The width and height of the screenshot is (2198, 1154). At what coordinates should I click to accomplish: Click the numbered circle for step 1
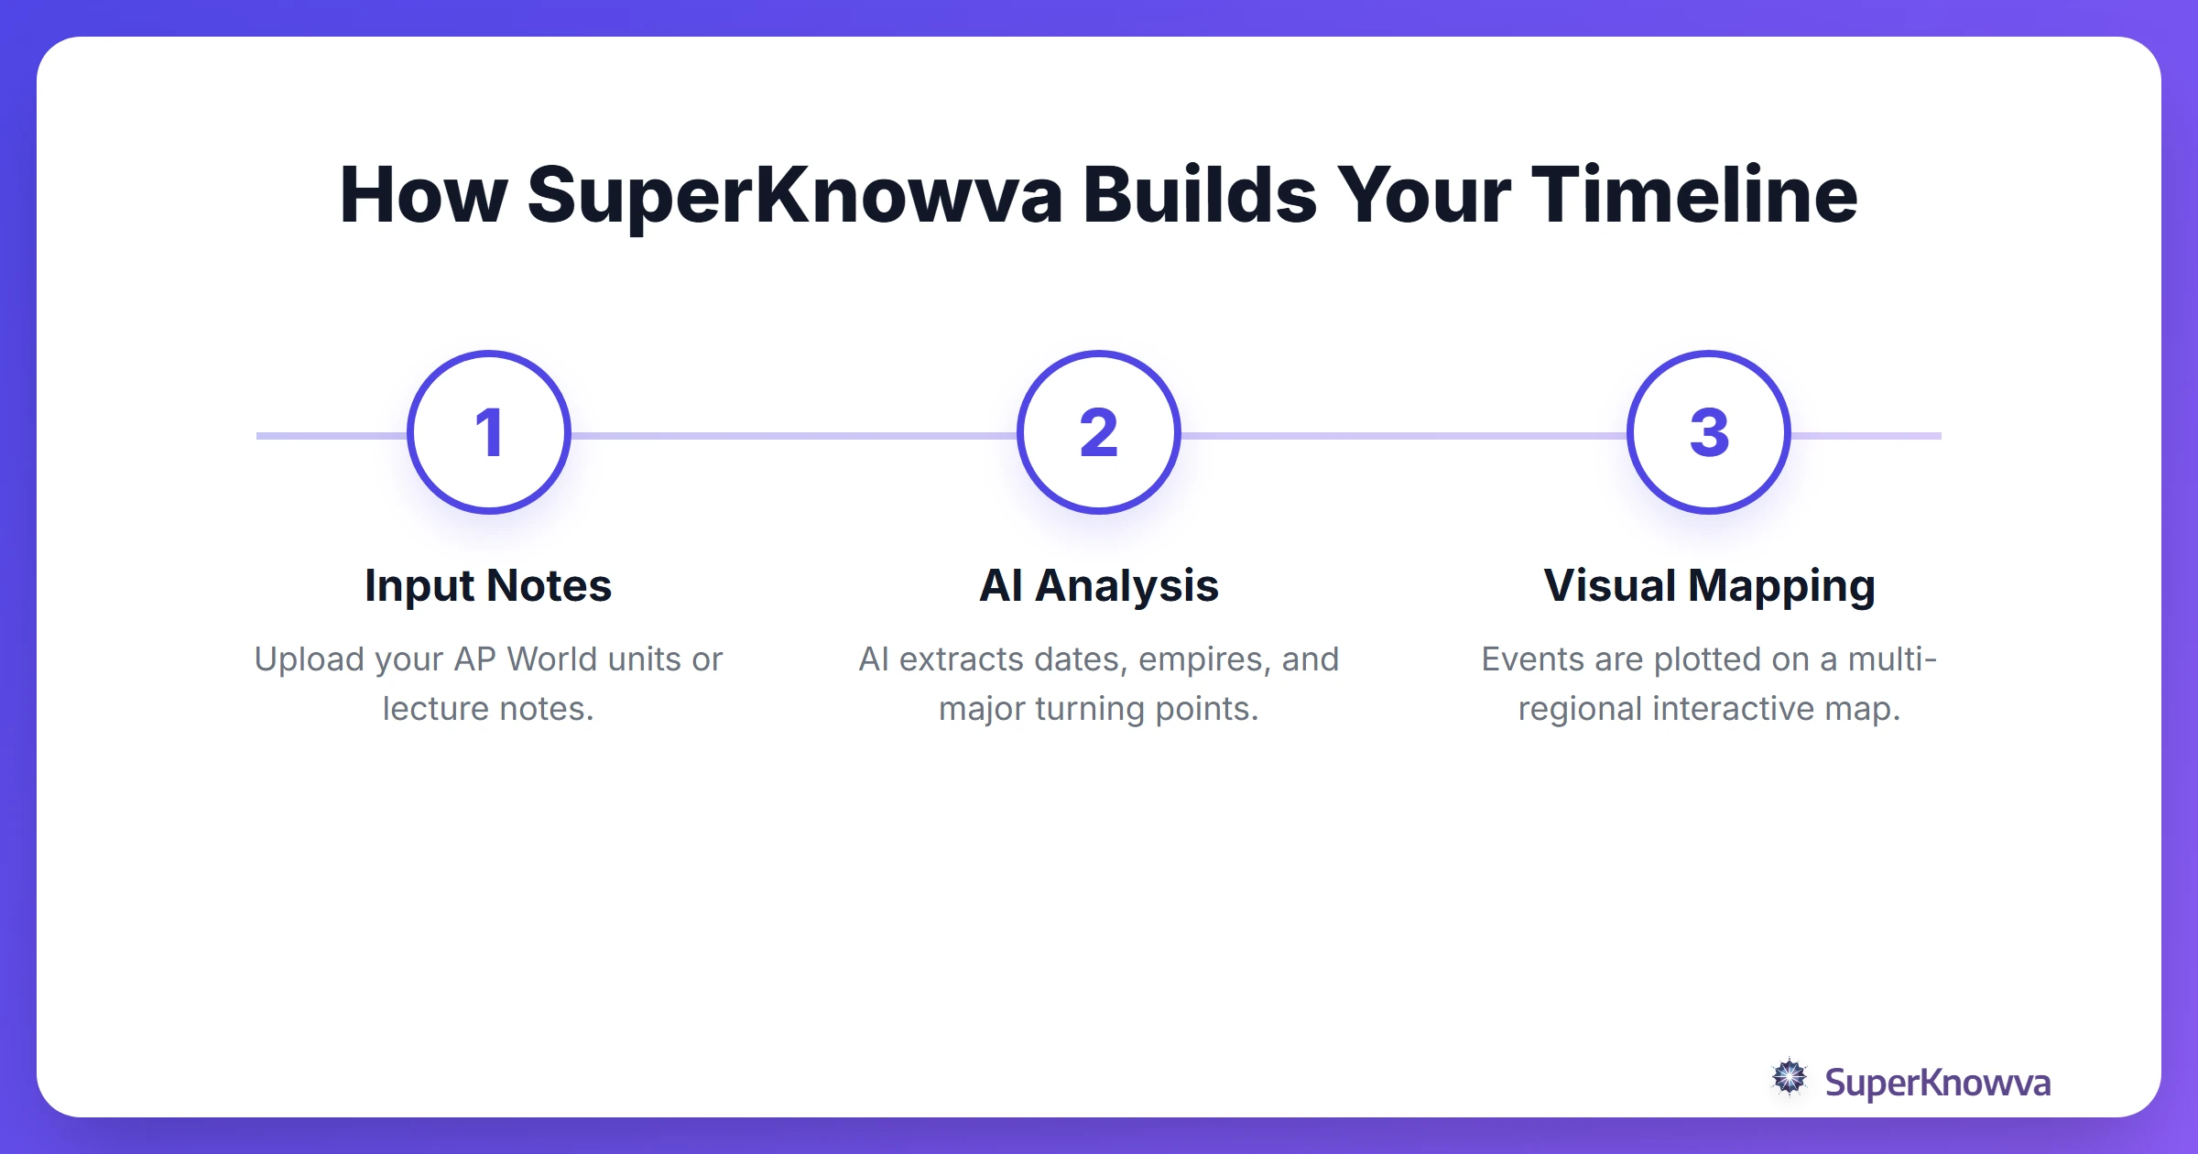(489, 432)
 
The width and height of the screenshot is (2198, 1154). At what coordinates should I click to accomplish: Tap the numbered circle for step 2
(1099, 432)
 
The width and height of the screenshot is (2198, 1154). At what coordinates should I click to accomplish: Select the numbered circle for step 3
(1709, 432)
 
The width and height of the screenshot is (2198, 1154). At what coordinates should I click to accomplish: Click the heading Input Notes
(488, 586)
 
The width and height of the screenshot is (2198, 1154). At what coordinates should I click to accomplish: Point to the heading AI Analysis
(1099, 586)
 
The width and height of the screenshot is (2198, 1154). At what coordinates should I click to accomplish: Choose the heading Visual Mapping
(1709, 586)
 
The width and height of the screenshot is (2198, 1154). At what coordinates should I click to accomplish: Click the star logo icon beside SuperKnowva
(1790, 1077)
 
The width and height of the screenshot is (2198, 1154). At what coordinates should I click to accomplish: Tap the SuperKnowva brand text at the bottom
(1937, 1083)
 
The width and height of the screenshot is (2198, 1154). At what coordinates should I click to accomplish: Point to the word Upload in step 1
(310, 659)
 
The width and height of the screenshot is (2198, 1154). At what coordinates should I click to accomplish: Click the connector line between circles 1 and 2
(793, 436)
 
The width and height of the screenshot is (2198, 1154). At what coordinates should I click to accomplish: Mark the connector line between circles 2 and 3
(1403, 436)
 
